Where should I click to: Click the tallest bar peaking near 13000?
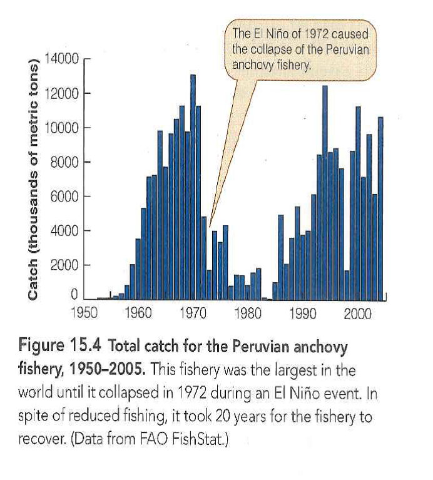pyautogui.click(x=193, y=188)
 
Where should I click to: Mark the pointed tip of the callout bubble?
pyautogui.click(x=210, y=227)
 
